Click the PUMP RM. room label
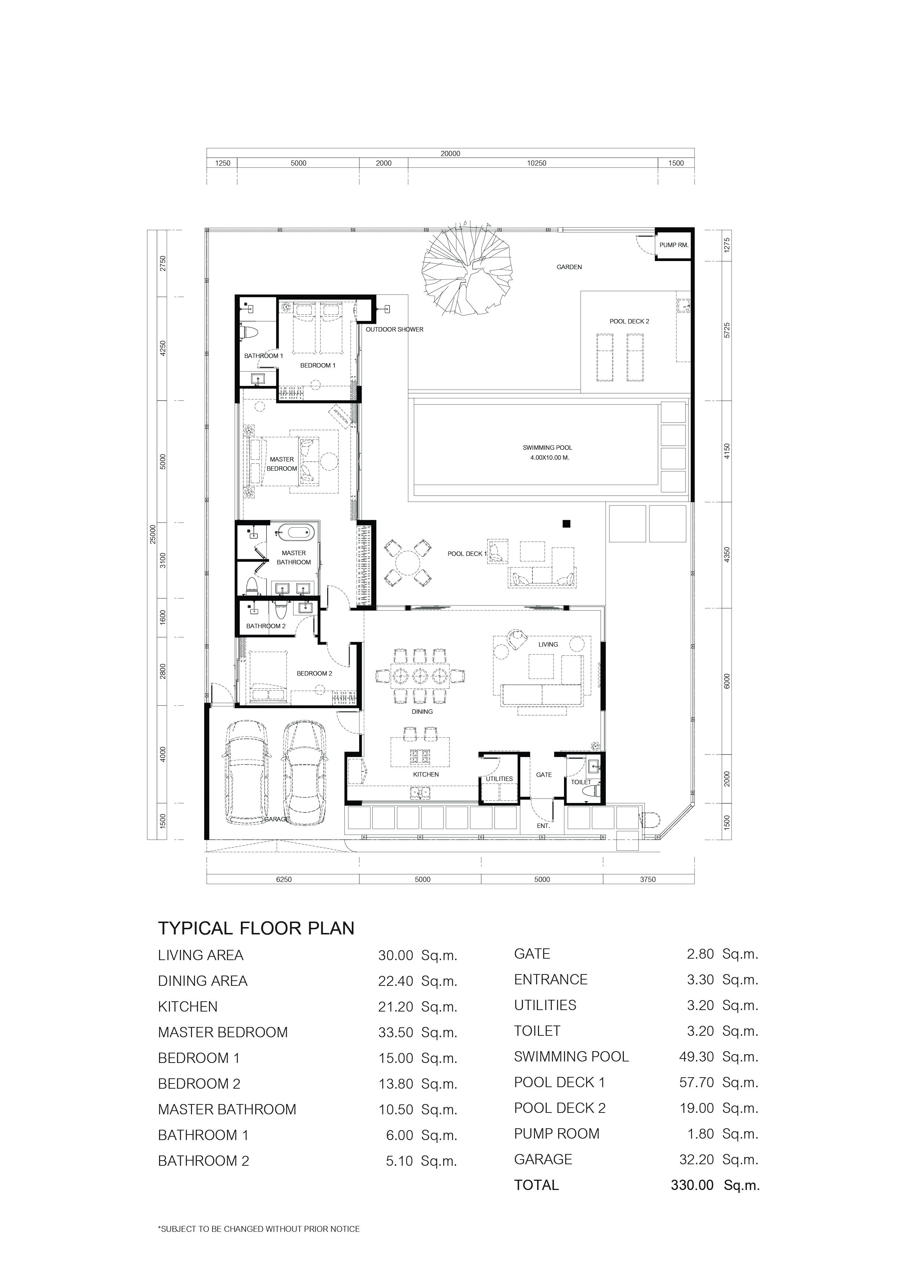click(674, 245)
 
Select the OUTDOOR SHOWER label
click(394, 329)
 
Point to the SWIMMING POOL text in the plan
click(547, 448)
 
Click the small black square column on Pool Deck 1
click(567, 524)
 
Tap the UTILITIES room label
click(499, 779)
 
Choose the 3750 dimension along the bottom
click(648, 880)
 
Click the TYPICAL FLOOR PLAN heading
click(256, 929)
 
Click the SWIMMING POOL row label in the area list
click(571, 1057)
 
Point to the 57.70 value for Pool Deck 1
click(696, 1083)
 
